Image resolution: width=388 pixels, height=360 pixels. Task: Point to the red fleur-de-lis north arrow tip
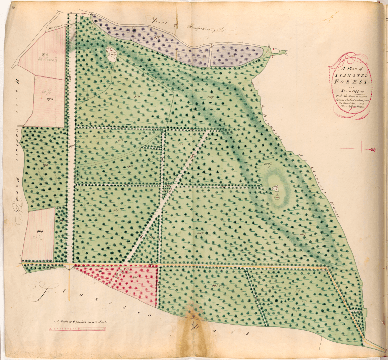[x=374, y=149]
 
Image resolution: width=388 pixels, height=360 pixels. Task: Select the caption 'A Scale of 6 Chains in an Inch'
[x=83, y=321]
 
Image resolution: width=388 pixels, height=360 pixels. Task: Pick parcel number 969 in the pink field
[x=40, y=231]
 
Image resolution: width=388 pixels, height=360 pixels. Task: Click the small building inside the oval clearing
[x=275, y=189]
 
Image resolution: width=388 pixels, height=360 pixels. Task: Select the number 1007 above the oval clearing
[x=267, y=164]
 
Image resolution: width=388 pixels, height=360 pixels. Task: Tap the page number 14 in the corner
[x=10, y=6]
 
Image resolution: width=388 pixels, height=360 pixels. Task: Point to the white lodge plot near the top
[x=112, y=52]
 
